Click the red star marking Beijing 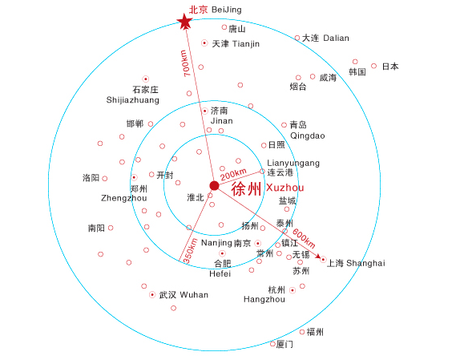(184, 22)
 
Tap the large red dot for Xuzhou (214, 186)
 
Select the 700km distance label (185, 63)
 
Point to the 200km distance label (233, 174)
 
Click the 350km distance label (190, 251)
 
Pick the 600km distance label (304, 238)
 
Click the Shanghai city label (356, 263)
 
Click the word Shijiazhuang (132, 100)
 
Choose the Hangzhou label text (264, 299)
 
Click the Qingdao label (308, 136)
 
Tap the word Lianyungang (293, 163)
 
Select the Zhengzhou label (124, 198)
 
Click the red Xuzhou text (285, 188)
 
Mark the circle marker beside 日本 (373, 66)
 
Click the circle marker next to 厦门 (272, 344)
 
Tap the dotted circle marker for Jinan (205, 111)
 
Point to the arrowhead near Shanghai (318, 256)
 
